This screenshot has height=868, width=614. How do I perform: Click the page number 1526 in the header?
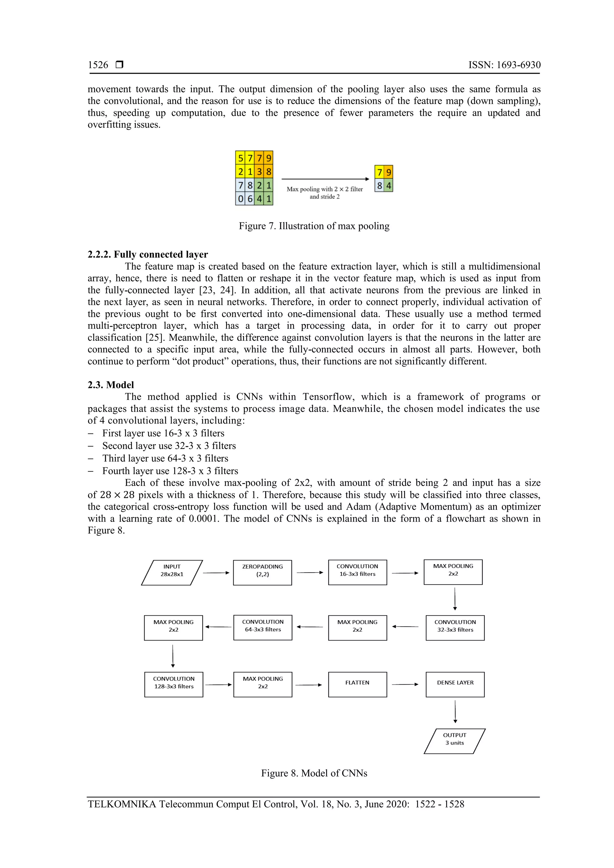point(98,65)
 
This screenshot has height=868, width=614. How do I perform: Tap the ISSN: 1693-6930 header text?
point(504,65)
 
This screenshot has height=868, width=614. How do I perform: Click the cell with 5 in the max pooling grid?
point(240,158)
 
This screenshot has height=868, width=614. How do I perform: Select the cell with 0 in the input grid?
point(240,198)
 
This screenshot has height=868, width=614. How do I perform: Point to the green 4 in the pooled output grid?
point(388,186)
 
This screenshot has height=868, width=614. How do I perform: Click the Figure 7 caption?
point(314,226)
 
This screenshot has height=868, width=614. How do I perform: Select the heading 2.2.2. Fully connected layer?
point(148,254)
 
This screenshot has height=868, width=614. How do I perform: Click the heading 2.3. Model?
point(111,385)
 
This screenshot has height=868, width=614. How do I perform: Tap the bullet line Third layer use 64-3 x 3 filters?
point(165,458)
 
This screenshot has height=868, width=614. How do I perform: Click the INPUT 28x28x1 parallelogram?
point(172,573)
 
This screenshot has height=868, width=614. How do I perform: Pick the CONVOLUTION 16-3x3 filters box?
point(357,572)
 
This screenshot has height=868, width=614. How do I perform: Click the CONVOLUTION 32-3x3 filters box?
point(455,628)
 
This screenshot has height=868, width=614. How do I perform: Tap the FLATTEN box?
point(357,684)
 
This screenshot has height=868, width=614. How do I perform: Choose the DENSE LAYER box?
point(455,684)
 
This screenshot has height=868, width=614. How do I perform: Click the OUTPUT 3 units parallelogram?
point(455,741)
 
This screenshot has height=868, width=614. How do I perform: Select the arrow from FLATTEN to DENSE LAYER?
point(405,684)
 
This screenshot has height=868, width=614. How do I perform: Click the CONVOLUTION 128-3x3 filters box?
point(174,684)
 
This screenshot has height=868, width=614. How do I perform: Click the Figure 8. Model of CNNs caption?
point(314,773)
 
